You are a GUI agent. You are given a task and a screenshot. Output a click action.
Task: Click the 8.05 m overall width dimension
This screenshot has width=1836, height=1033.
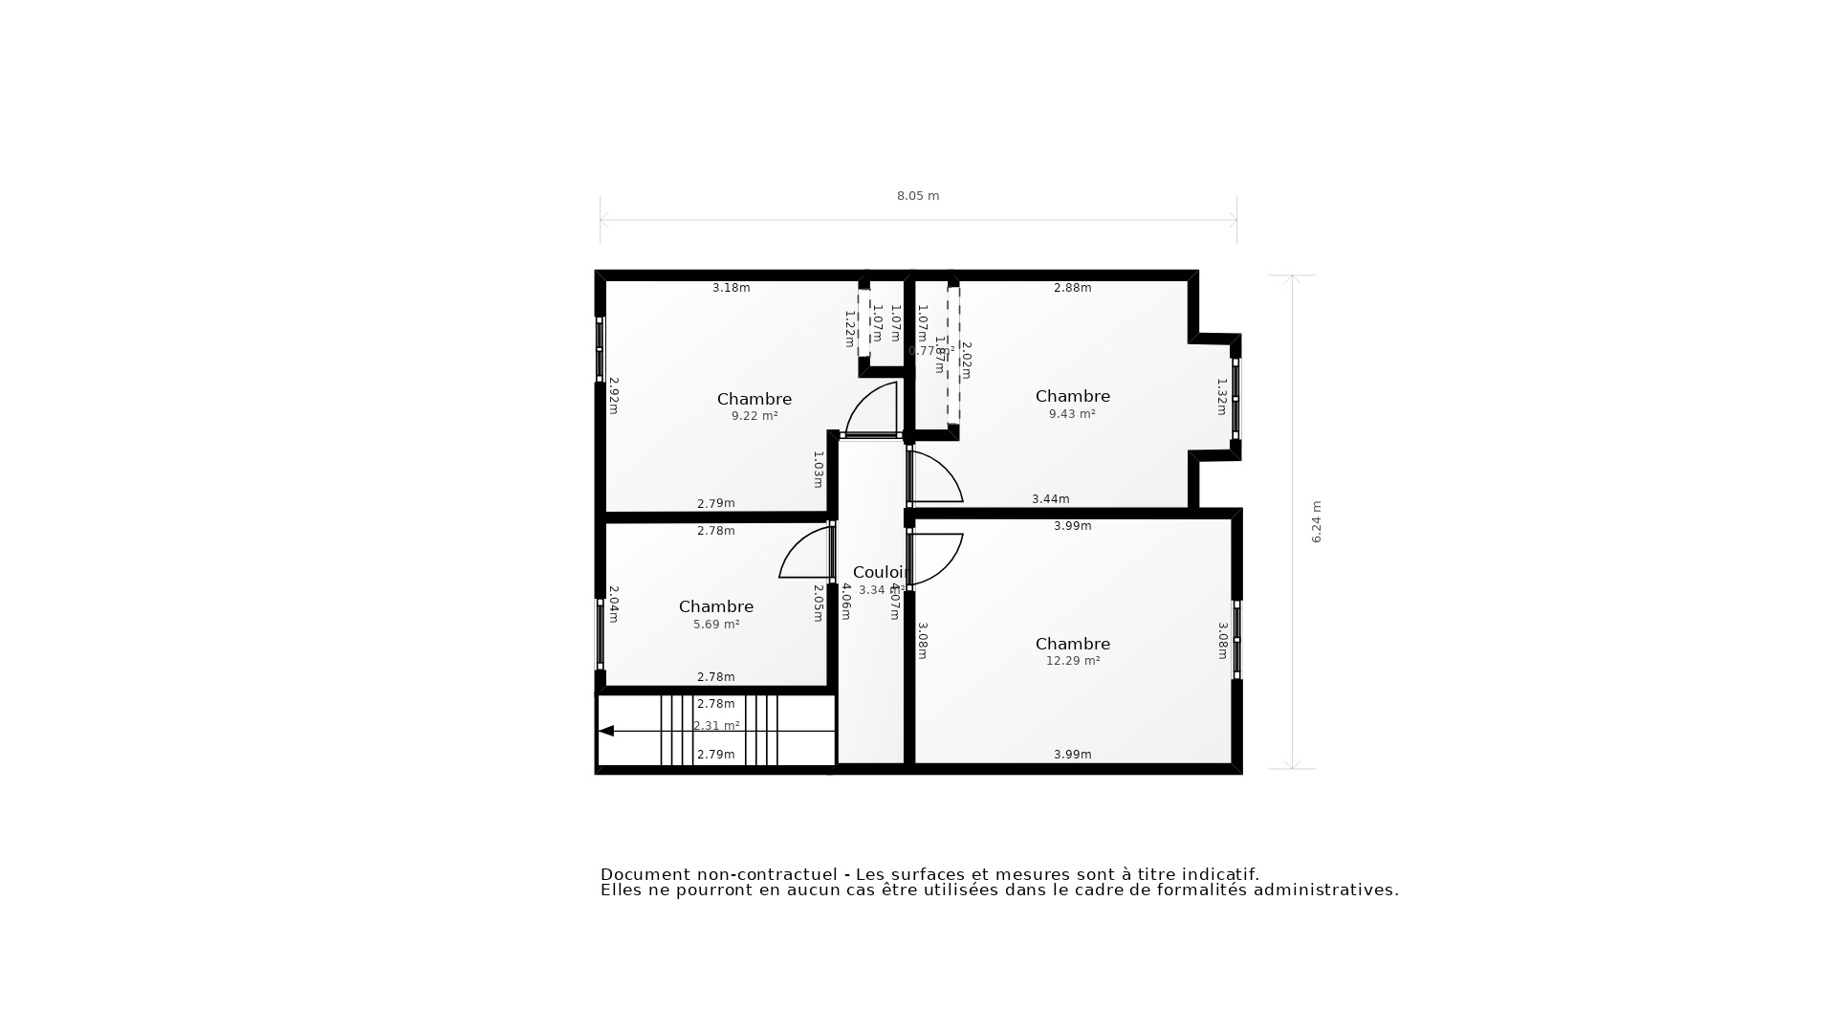917,196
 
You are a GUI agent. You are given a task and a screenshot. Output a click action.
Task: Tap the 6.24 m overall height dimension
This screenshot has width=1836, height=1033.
1316,522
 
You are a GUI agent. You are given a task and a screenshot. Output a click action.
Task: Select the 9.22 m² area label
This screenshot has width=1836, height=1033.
754,416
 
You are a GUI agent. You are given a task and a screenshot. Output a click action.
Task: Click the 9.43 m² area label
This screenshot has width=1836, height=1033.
1071,414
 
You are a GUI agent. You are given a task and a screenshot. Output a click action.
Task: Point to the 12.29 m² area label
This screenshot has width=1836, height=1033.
1072,661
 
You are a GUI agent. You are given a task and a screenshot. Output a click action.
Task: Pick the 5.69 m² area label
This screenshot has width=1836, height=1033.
715,625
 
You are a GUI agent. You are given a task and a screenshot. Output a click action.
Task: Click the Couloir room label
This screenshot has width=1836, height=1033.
879,572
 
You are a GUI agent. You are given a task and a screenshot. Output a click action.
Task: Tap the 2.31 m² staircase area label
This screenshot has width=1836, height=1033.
716,726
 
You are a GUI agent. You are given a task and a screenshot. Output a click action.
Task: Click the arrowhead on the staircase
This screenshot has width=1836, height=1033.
606,731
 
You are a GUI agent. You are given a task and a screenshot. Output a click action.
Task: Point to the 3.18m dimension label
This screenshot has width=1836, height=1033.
731,288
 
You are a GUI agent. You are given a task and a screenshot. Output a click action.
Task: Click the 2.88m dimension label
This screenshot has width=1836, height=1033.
1072,288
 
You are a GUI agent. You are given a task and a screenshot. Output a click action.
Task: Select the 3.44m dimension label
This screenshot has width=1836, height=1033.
1050,499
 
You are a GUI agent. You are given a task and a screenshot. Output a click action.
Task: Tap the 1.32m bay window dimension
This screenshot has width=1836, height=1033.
1221,396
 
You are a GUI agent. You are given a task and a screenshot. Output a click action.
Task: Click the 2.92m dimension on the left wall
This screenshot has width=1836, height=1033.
614,395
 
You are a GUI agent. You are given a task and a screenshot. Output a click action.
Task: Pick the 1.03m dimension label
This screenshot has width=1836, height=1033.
818,469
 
